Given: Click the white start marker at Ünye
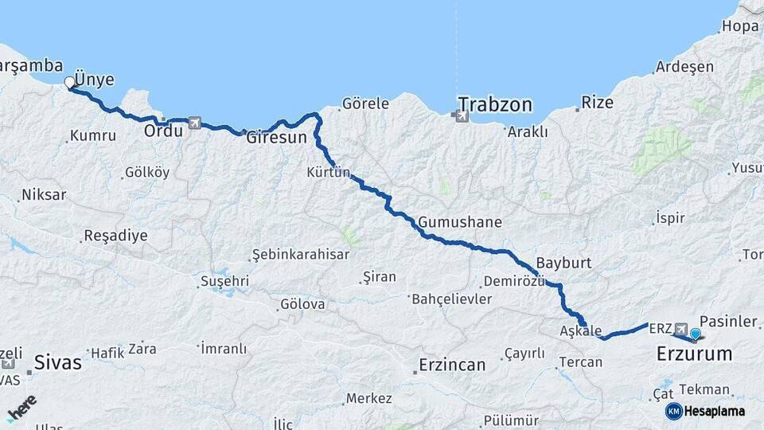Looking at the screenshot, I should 69,82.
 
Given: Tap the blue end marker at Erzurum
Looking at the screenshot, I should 696,334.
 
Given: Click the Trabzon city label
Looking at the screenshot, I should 494,104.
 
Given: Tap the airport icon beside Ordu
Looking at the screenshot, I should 195,123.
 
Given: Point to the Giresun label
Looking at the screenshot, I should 276,137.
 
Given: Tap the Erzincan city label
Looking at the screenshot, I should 451,365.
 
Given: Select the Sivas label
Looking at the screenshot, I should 57,362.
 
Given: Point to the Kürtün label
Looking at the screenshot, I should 328,172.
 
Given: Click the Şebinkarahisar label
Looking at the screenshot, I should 300,254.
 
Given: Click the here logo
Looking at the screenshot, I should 21,408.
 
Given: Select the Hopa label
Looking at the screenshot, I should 739,26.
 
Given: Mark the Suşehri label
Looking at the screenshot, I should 224,281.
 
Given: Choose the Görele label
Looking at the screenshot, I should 365,104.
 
